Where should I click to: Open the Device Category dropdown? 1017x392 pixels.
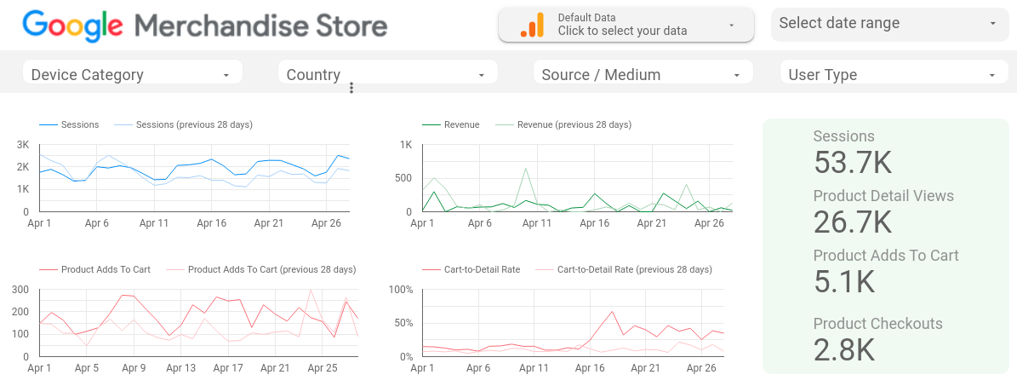pos(132,75)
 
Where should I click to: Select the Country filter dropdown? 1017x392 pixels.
pos(387,75)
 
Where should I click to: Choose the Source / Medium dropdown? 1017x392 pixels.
pos(643,75)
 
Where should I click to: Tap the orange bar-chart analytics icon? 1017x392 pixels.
pos(532,26)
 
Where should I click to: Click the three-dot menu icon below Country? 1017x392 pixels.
pos(351,88)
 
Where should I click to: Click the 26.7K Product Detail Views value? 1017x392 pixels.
pos(853,222)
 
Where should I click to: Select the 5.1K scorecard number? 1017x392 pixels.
pos(844,281)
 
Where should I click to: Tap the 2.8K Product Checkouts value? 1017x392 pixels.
pos(844,349)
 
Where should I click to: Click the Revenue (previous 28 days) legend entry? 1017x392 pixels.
pos(574,124)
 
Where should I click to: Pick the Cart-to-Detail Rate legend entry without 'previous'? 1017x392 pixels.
pos(482,269)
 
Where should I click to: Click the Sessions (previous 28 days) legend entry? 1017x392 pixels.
pos(194,124)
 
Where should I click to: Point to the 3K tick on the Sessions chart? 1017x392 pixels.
pos(23,144)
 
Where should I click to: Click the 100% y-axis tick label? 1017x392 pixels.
pos(400,290)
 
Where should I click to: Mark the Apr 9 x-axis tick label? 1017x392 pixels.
pos(134,368)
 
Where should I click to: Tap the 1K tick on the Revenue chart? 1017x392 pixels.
pos(406,144)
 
